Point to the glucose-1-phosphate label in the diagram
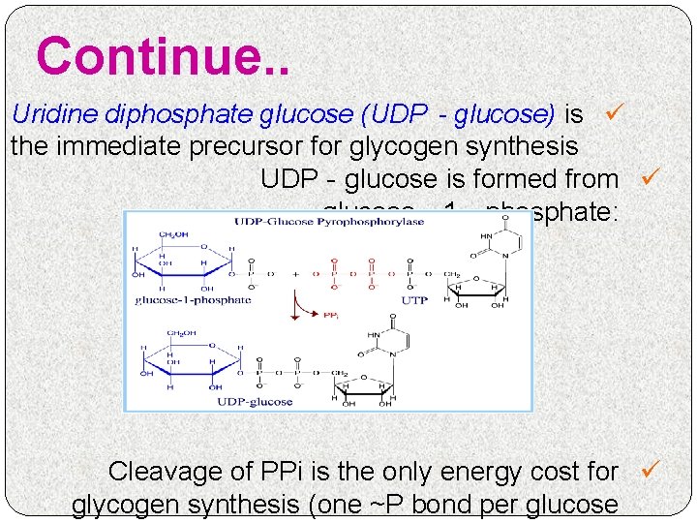point(193,300)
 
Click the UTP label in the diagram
point(414,301)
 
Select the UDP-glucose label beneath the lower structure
point(255,402)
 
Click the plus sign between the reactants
point(296,274)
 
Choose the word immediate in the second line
point(113,147)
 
